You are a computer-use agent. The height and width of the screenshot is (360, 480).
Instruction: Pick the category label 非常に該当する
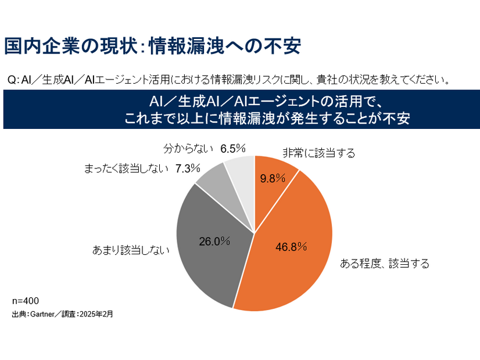(318, 153)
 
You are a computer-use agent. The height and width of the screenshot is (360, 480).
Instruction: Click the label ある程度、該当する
(384, 264)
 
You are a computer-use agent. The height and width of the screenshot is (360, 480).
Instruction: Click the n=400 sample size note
(25, 302)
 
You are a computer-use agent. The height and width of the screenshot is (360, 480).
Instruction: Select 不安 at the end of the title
(285, 46)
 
